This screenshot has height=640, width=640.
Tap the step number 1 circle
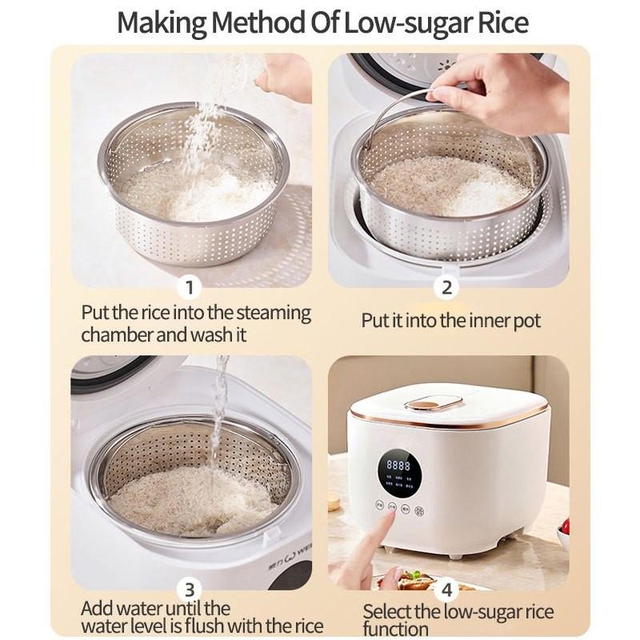click(190, 287)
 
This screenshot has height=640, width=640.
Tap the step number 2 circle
click(447, 287)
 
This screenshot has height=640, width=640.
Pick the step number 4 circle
click(447, 590)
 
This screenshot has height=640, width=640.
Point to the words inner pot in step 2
click(502, 322)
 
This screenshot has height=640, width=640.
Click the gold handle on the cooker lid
click(434, 402)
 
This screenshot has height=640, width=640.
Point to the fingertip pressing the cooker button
click(391, 517)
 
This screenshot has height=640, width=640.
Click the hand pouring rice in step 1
click(284, 76)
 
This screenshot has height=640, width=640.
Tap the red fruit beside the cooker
click(565, 526)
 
